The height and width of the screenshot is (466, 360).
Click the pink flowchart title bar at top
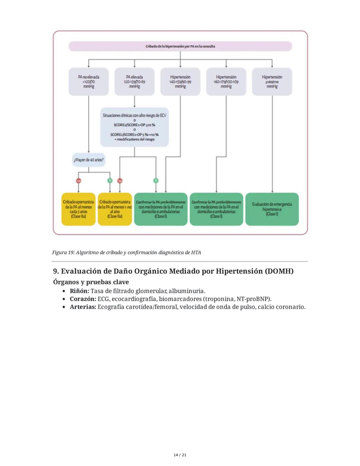(x=180, y=46)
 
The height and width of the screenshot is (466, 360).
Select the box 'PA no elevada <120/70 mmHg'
(x=89, y=82)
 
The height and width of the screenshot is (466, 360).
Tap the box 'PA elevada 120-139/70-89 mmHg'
(x=134, y=82)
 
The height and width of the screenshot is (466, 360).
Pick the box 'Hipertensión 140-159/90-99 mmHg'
(x=180, y=82)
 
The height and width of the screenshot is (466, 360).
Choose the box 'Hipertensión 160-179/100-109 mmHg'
(x=226, y=82)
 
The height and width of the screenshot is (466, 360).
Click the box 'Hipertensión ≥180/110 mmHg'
(x=272, y=82)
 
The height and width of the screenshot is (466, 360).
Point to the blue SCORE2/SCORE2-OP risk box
(x=134, y=127)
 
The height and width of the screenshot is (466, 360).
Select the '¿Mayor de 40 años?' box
(x=89, y=160)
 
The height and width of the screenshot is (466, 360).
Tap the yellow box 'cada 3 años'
(x=79, y=209)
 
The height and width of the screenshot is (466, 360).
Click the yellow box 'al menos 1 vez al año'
(x=115, y=209)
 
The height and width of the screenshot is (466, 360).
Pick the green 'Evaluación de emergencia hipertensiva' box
(x=272, y=209)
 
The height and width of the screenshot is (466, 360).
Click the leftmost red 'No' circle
(x=79, y=180)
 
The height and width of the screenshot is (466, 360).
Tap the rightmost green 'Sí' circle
(x=156, y=180)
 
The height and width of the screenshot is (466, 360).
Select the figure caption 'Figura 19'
(x=126, y=253)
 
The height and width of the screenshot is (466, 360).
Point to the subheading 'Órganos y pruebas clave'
(x=91, y=282)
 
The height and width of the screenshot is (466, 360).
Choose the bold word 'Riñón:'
(x=79, y=291)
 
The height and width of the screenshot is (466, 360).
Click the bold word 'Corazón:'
(x=83, y=299)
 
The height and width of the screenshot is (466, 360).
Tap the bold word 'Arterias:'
(x=83, y=307)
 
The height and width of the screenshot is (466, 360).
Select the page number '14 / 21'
(x=180, y=455)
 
